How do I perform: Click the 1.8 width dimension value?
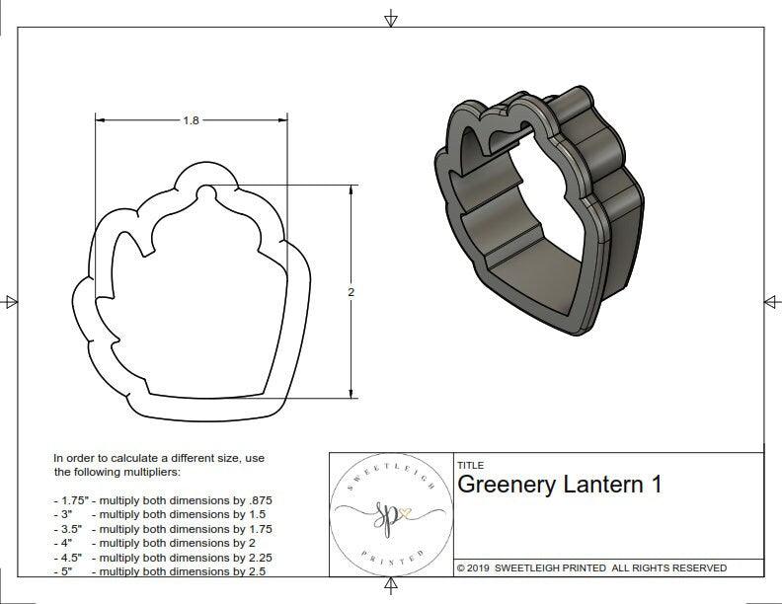tap(191, 120)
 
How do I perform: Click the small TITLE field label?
tap(470, 466)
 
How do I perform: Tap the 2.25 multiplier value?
tap(254, 557)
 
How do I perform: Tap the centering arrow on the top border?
tap(391, 19)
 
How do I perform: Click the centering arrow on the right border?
tap(771, 301)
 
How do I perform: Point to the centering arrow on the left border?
tap(10, 302)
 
